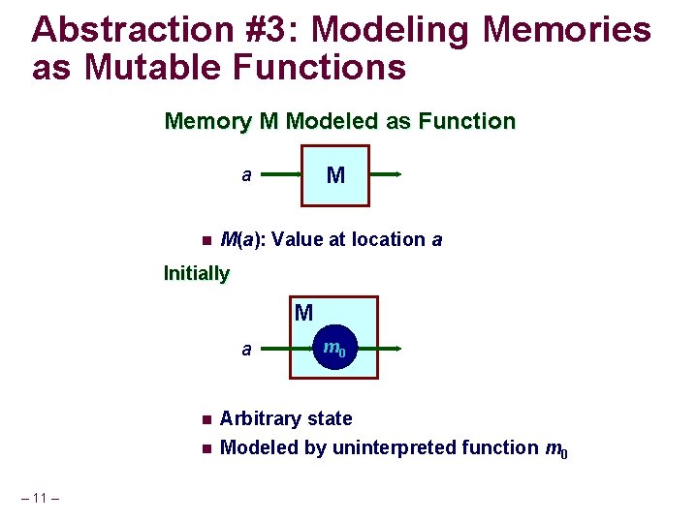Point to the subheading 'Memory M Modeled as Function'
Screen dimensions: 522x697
pos(339,122)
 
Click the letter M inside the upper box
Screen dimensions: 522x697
pos(335,175)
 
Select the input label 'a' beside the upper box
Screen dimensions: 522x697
pos(246,175)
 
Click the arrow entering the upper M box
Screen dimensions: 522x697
pos(281,175)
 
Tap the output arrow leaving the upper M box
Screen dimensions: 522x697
pos(386,175)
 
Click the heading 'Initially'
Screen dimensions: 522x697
pos(197,273)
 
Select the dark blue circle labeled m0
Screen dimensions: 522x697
pos(333,349)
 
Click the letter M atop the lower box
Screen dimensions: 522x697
pos(303,313)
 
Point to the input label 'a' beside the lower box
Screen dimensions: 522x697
pos(246,350)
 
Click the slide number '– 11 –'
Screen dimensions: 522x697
pos(40,499)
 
